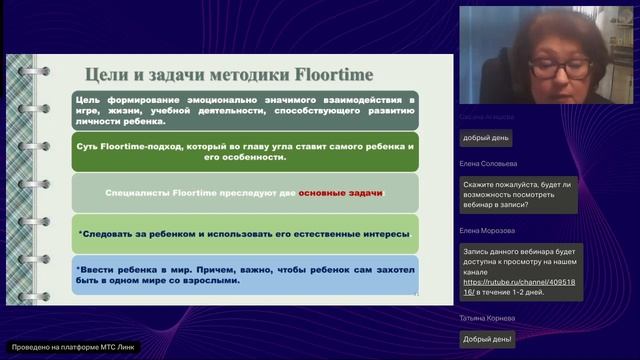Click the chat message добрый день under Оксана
(487, 137)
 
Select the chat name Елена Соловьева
(491, 164)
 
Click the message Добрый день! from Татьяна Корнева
(488, 339)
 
